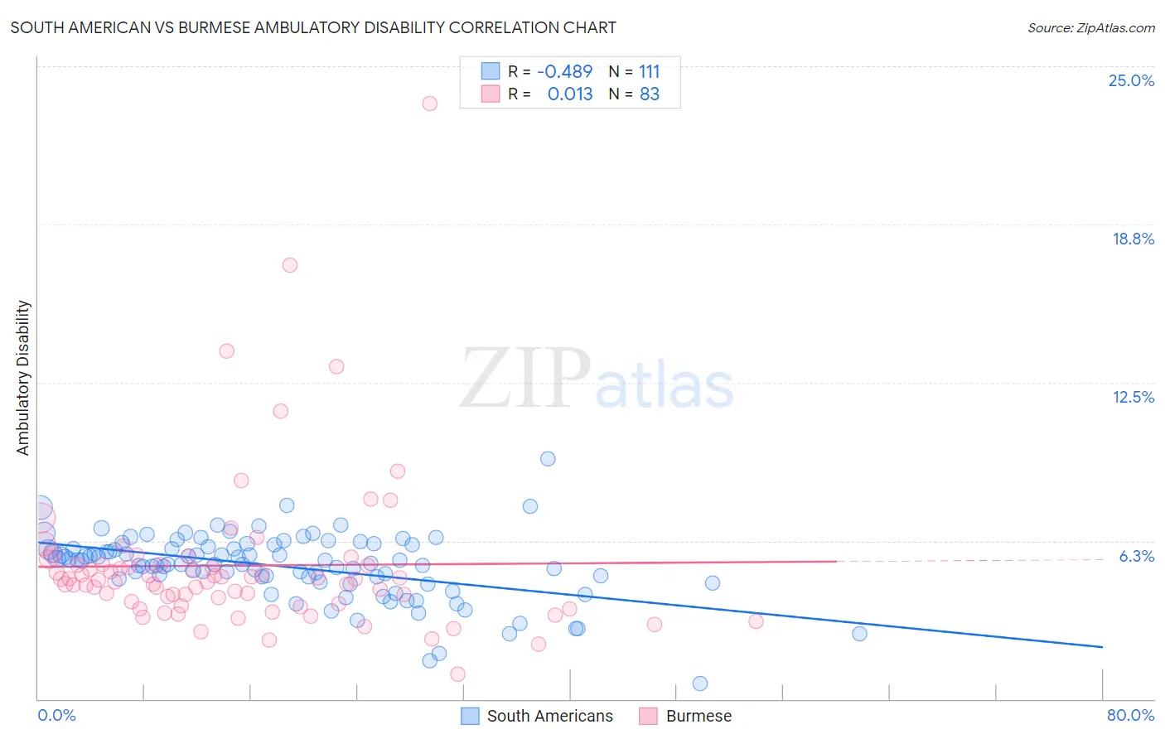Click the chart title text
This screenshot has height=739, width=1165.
[x=313, y=27]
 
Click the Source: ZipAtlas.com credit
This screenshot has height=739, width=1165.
[x=1090, y=27]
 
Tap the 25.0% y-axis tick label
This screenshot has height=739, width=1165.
[x=1131, y=80]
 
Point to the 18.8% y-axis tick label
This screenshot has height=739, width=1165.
[x=1133, y=239]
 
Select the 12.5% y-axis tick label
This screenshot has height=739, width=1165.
[x=1133, y=397]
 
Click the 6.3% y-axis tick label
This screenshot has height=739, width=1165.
[x=1136, y=556]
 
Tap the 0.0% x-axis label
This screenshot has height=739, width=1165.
[x=56, y=715]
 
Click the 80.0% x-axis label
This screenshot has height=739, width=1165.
[x=1130, y=715]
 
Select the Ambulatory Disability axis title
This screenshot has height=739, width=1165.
[x=23, y=378]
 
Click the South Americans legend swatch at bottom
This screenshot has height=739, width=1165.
[x=471, y=716]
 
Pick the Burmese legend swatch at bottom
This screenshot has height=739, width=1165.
[x=648, y=716]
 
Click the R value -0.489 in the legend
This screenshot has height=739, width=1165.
[x=564, y=72]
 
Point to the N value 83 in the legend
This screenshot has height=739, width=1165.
[x=650, y=94]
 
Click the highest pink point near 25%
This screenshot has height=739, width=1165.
[x=429, y=104]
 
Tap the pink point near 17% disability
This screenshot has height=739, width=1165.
[x=289, y=265]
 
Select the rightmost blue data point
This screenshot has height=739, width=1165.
[x=859, y=634]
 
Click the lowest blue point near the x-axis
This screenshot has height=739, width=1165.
[x=700, y=683]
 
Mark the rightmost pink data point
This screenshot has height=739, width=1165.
[x=756, y=621]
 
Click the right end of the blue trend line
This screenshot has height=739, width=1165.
[x=1102, y=646]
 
